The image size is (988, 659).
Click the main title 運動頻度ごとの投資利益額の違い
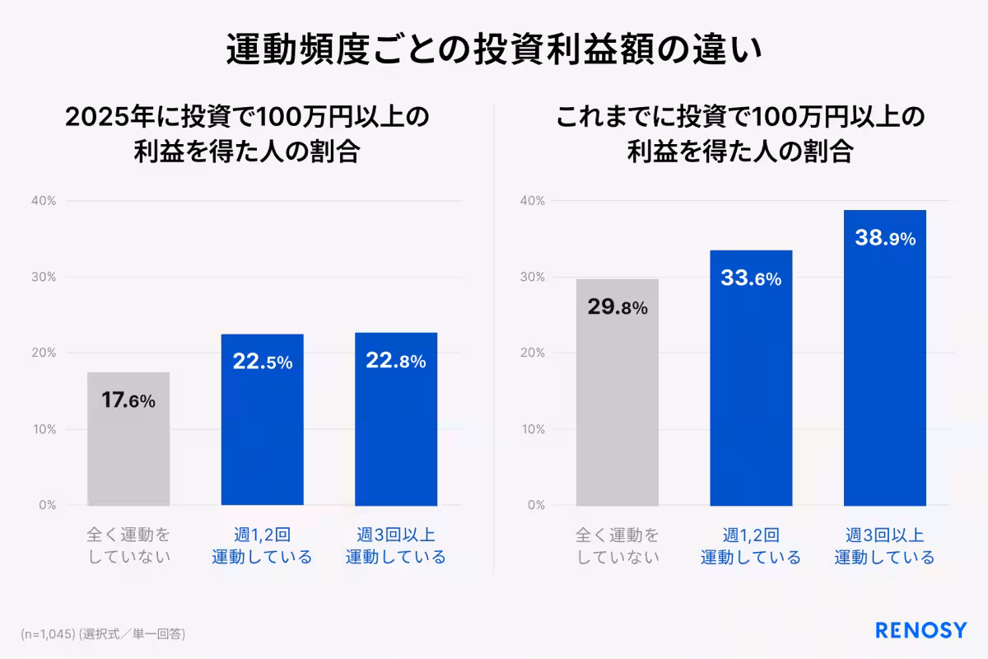coord(494,49)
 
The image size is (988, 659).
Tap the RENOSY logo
coord(920,631)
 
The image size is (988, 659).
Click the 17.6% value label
coord(128,401)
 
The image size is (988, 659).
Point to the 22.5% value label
coord(262,362)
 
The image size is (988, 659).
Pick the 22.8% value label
coord(396,361)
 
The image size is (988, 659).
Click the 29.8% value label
coord(617,307)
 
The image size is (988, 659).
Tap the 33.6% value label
coord(751,278)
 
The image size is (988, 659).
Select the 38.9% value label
coord(885,238)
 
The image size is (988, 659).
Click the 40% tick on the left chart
coord(44,201)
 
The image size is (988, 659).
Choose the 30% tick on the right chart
coord(533,277)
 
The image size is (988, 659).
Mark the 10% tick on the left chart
coord(44,429)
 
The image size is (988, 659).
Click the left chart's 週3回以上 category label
coord(396,545)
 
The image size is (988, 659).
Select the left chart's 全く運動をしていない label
coord(128,545)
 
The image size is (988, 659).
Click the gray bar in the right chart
coord(617,412)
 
